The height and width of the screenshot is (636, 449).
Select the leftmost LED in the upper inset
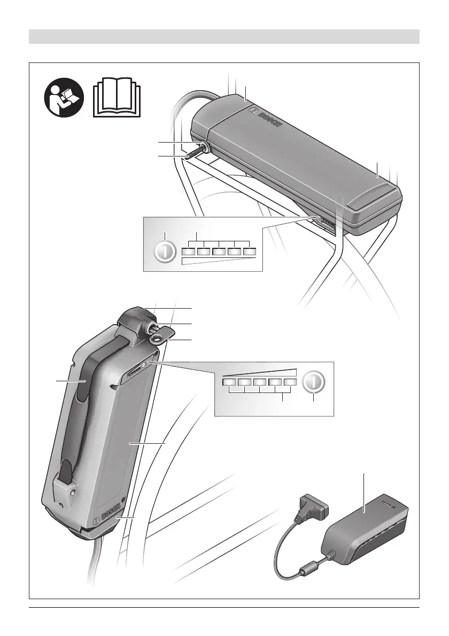[187, 252]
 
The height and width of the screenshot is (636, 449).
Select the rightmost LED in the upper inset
[250, 252]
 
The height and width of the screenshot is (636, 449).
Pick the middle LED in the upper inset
[219, 252]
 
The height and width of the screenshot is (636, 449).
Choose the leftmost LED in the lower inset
[229, 382]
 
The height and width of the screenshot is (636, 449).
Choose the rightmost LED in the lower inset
[290, 382]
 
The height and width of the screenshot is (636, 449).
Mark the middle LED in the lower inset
[259, 382]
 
